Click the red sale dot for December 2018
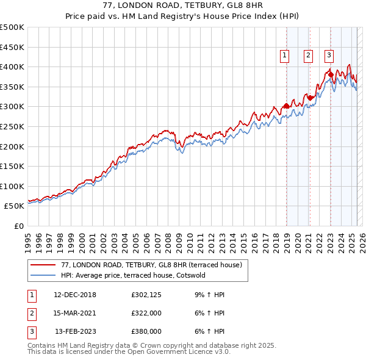(x=286, y=106)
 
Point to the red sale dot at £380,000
(x=331, y=74)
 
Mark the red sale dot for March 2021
(x=310, y=98)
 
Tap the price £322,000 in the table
(x=146, y=313)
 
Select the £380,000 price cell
(x=146, y=331)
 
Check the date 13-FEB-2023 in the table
(x=75, y=331)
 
